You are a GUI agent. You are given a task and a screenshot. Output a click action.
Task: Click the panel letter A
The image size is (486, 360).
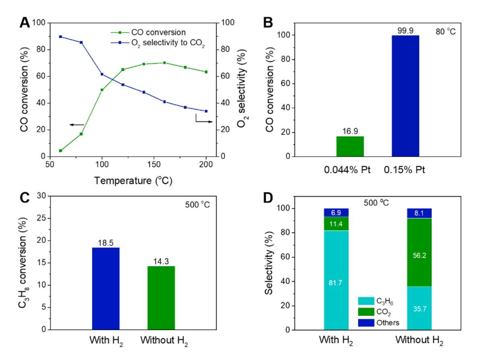point(25,24)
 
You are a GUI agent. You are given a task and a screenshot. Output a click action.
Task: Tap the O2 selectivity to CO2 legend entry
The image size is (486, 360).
point(169,46)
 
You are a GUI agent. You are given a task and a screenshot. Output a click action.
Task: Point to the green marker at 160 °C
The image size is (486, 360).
point(164,62)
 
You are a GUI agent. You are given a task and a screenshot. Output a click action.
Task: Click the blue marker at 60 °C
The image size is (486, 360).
point(60,37)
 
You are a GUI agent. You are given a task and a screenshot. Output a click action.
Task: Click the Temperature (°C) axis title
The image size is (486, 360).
point(133,181)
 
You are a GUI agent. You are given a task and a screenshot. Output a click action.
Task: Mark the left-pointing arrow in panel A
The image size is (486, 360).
point(77,125)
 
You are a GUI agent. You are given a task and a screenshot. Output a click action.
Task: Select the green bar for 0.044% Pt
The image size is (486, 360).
point(350,146)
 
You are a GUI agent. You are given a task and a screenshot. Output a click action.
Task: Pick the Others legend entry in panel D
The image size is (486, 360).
point(380,323)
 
